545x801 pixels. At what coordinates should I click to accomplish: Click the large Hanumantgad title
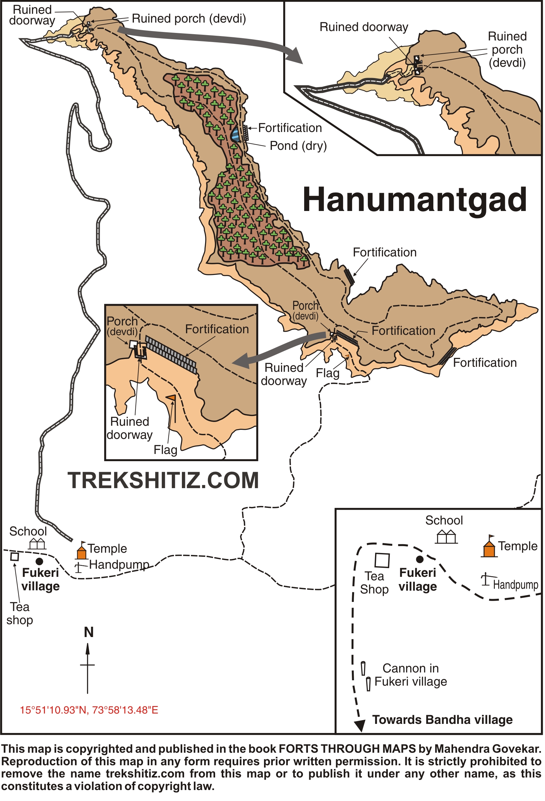point(414,200)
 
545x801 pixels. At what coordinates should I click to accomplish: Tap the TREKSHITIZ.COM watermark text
point(163,481)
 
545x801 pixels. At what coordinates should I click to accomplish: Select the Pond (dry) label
point(298,146)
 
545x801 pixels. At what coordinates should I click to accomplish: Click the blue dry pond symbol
point(235,134)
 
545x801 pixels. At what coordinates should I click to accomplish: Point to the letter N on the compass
point(89,632)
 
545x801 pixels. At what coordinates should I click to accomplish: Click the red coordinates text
point(89,710)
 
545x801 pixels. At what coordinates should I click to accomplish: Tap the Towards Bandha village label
point(442,720)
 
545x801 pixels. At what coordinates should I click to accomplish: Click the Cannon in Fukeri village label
point(410,675)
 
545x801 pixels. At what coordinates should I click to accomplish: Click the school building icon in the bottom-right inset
point(446,537)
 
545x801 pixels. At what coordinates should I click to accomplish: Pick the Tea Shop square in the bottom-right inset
point(382,560)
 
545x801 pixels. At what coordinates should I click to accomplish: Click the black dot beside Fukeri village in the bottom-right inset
point(420,559)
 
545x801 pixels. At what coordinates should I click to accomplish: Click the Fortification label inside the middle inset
point(217,329)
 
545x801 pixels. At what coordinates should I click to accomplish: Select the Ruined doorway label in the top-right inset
point(364,27)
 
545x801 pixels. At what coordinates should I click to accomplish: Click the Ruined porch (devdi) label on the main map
point(189,18)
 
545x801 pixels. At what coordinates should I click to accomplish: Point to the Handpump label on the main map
point(119,565)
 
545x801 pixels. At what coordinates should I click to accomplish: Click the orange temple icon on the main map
point(81,551)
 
